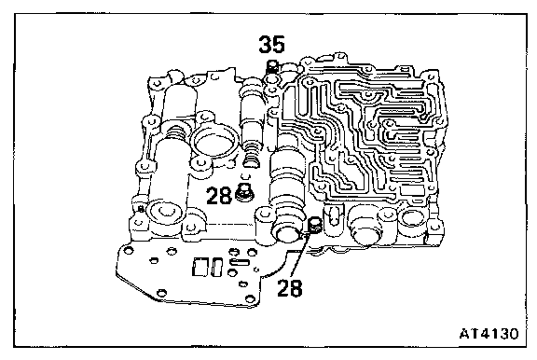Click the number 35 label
coord(271,45)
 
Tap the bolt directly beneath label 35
coord(272,66)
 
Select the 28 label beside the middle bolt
coord(219,196)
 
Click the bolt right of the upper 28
coord(245,193)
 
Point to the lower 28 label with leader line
coord(290,288)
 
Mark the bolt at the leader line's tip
coord(314,226)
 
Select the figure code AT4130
coord(489,333)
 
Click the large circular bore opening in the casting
coord(213,141)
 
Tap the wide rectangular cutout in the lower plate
coord(199,267)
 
